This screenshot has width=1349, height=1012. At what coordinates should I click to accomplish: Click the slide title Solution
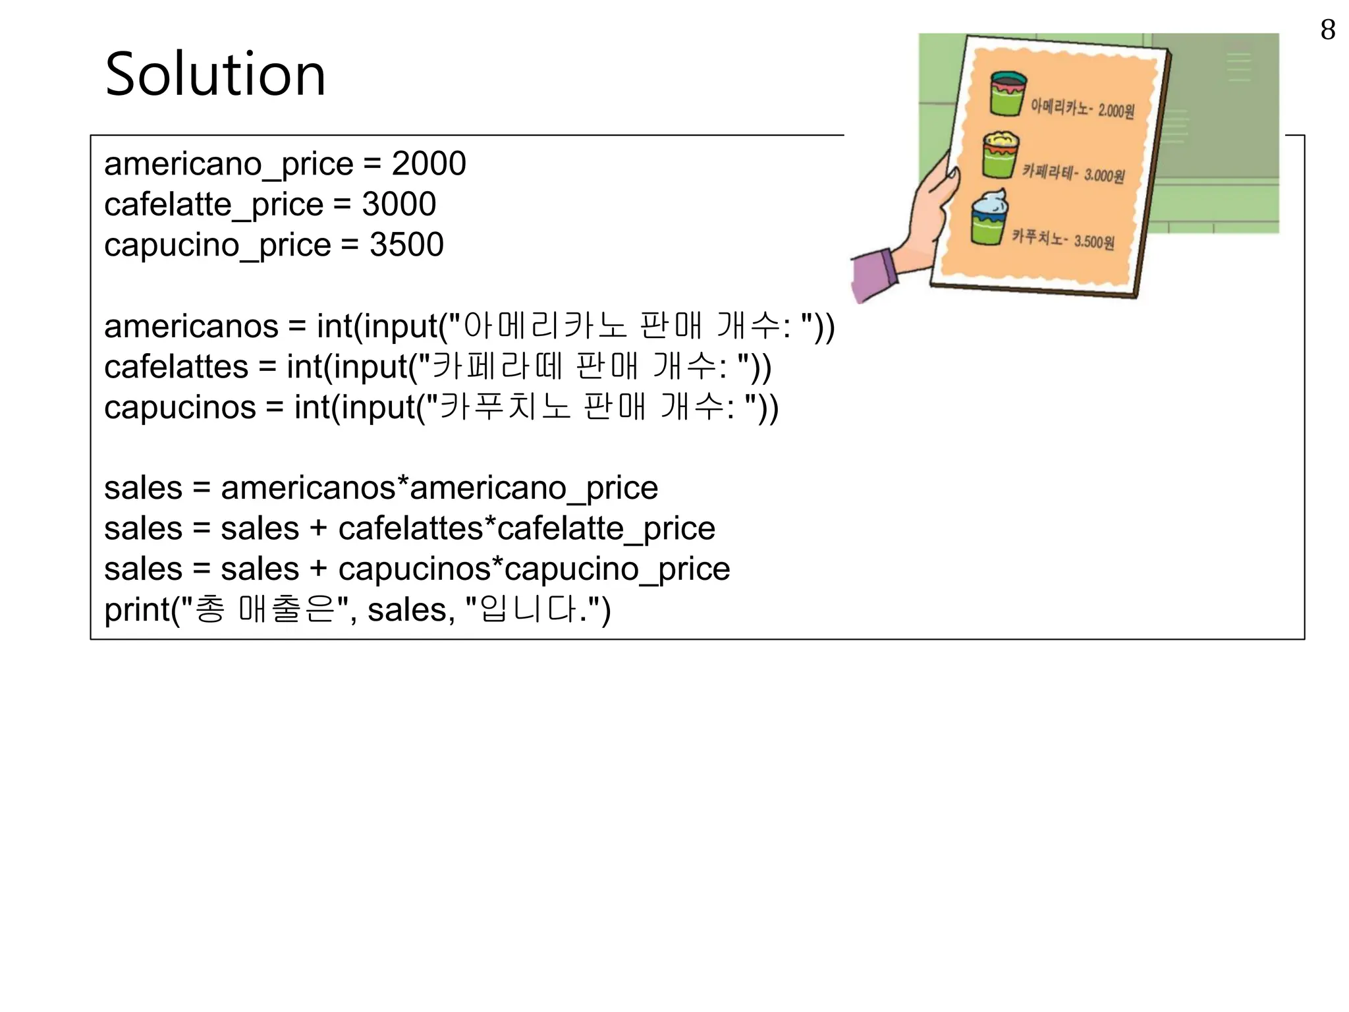click(x=215, y=74)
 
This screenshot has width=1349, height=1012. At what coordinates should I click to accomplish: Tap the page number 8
click(x=1328, y=30)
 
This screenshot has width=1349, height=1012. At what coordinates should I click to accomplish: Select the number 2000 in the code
click(x=429, y=163)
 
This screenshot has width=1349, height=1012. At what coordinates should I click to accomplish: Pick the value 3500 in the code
click(x=406, y=245)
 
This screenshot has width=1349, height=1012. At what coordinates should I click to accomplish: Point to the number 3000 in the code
click(x=399, y=204)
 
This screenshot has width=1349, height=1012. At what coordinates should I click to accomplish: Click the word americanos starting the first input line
click(x=191, y=327)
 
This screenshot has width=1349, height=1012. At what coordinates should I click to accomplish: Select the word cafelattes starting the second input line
click(x=176, y=367)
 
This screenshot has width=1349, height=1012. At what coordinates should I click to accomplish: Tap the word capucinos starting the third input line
click(x=180, y=408)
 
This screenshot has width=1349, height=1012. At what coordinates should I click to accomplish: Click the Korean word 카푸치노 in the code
click(x=505, y=407)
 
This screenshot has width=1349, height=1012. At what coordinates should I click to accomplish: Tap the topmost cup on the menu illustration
click(x=1008, y=93)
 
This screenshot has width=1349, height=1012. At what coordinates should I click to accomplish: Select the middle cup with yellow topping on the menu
click(x=1000, y=154)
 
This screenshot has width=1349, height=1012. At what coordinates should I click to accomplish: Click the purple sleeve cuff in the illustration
click(x=873, y=275)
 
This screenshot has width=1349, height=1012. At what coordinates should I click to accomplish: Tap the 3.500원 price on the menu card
click(x=1094, y=242)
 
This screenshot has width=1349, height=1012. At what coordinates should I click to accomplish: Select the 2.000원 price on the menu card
click(x=1116, y=110)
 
